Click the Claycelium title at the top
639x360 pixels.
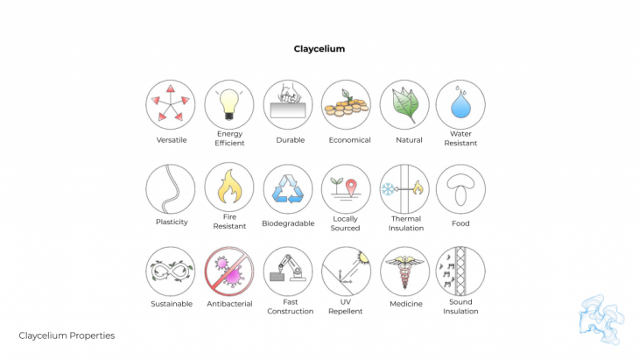[319, 49]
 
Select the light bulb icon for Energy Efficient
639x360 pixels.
[229, 104]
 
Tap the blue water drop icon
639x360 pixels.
[460, 104]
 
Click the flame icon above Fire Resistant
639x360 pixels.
[229, 187]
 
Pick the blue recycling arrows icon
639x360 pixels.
[288, 189]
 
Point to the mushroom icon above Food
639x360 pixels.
[460, 189]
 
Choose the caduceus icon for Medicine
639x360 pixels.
[404, 272]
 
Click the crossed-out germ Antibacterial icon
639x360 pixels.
[229, 272]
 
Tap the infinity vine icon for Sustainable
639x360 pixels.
[171, 272]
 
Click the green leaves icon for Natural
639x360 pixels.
[404, 104]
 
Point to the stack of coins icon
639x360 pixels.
[346, 104]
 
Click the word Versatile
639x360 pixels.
[172, 140]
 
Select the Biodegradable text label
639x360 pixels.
[288, 223]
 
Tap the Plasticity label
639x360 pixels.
[172, 222]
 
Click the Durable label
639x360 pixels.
[290, 140]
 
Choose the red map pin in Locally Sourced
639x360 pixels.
[351, 188]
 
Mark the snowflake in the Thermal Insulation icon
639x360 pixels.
[388, 189]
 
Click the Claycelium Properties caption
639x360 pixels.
[67, 335]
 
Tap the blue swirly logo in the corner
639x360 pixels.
[601, 319]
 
